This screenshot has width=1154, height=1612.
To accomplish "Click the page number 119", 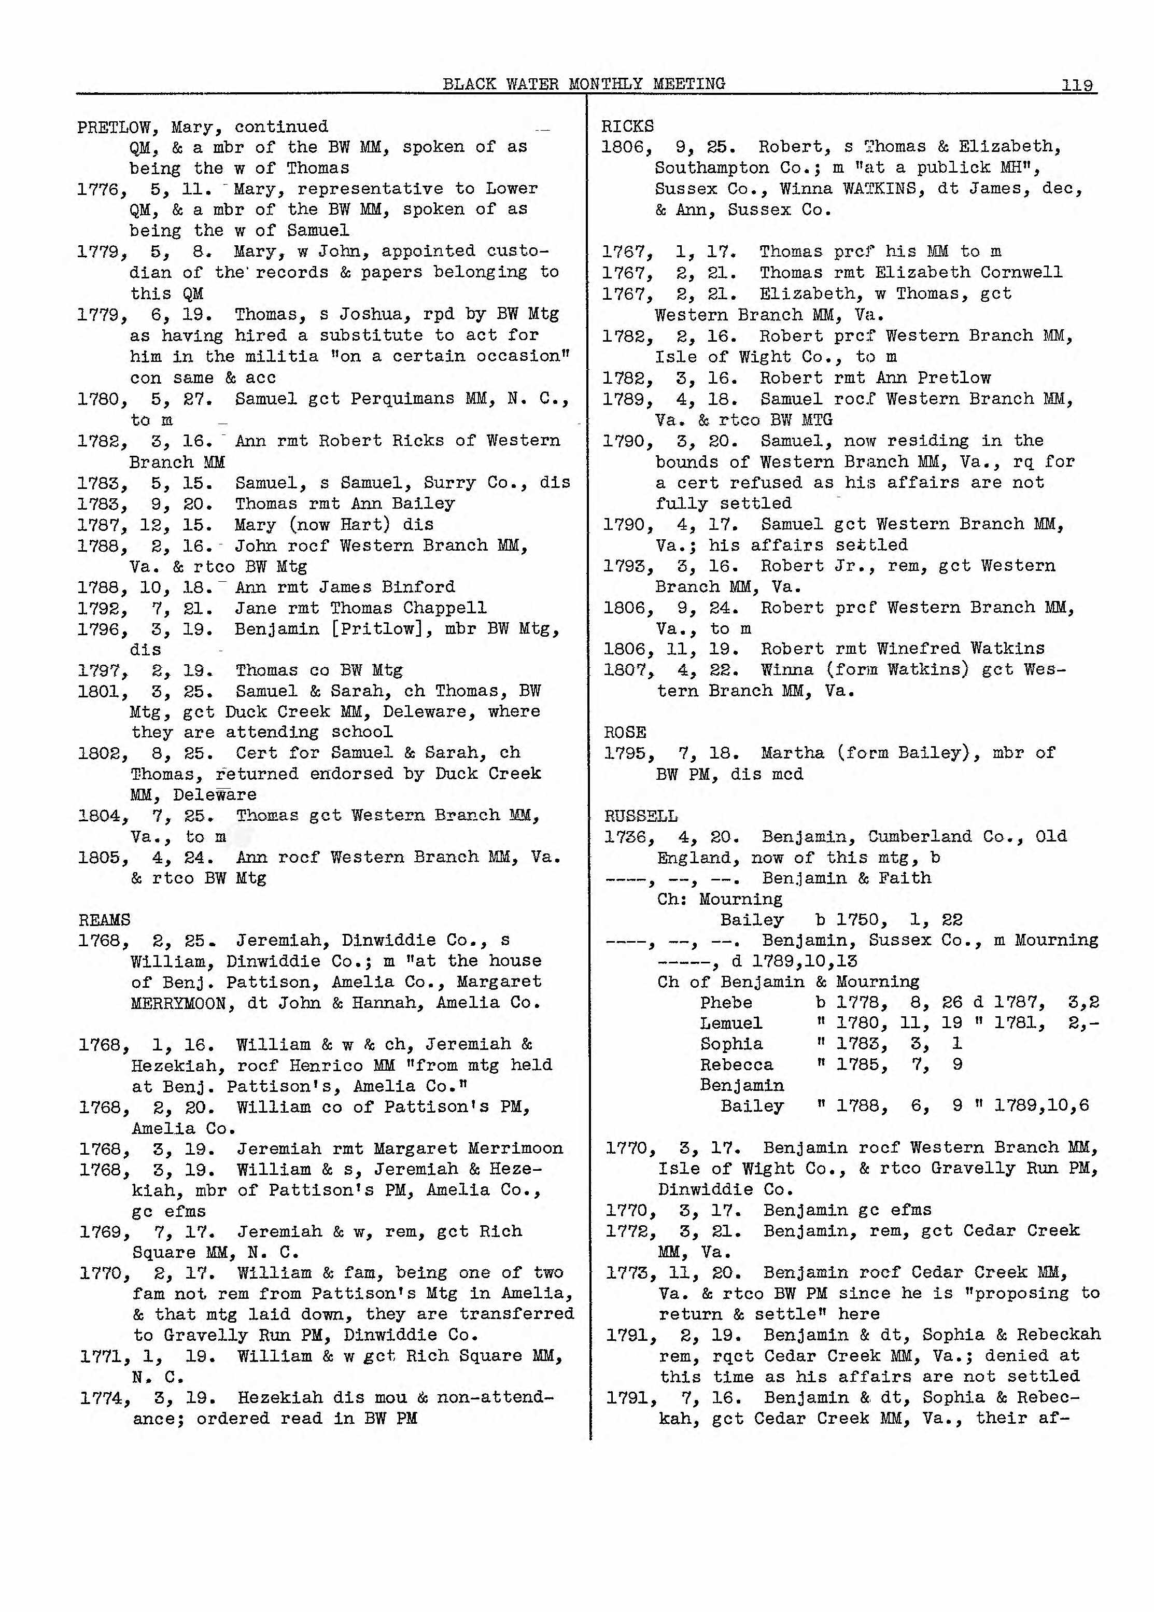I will [x=1077, y=85].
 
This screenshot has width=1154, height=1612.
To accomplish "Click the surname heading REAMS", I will [x=104, y=920].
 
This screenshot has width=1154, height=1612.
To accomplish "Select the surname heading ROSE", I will [x=625, y=732].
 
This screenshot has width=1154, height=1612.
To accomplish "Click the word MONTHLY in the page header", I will [x=606, y=84].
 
